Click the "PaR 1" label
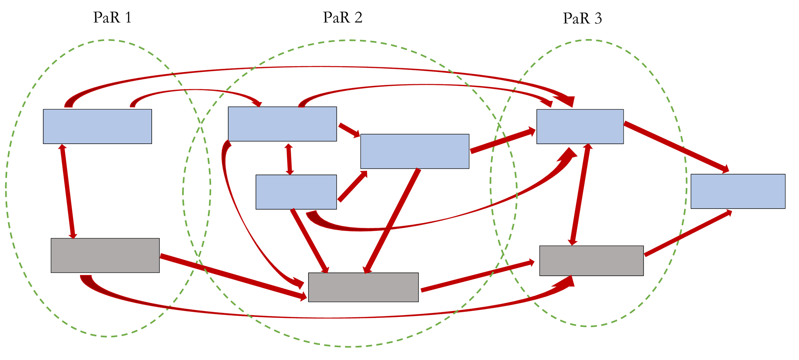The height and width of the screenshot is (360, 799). [112, 18]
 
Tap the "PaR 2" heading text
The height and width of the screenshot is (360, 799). [343, 18]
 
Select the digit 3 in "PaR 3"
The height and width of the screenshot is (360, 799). [598, 19]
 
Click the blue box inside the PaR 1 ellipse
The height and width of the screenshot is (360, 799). [97, 126]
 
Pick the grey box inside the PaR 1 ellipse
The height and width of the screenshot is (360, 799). [105, 256]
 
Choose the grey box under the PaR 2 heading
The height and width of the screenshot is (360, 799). [363, 287]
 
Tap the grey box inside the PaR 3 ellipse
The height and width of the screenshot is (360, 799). [591, 261]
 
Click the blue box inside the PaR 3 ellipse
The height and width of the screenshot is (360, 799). [580, 126]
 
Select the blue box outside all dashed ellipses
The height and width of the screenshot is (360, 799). [738, 191]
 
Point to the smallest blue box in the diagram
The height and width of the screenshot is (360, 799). [296, 192]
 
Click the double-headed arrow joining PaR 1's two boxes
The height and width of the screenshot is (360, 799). [68, 192]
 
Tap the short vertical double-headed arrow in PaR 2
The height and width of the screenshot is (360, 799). [289, 159]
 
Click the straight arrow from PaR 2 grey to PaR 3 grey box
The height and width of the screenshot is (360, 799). [477, 276]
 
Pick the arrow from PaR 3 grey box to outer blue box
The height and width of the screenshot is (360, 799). [688, 233]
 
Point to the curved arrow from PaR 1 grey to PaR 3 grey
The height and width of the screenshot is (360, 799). [321, 317]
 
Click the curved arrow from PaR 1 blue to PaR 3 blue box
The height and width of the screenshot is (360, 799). [321, 67]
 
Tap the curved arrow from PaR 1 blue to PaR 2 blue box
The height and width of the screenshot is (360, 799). [196, 90]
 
